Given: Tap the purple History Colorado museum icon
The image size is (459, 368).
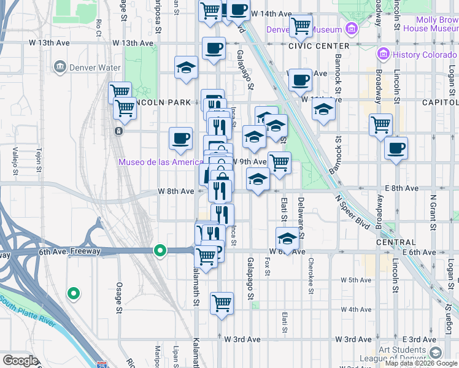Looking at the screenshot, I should (384, 54).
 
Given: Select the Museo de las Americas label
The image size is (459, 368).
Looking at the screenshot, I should (161, 162).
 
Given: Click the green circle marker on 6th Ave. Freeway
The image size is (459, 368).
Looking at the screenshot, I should (160, 250).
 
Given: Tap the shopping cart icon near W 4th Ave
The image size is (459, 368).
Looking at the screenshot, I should (222, 302).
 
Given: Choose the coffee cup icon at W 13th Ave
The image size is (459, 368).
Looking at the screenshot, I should (214, 48).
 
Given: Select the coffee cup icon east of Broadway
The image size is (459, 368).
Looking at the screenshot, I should (396, 148).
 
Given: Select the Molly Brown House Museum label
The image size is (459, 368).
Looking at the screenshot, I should (433, 23).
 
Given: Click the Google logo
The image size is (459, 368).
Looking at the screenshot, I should (21, 361).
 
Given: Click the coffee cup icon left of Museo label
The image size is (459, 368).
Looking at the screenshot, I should (180, 139).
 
